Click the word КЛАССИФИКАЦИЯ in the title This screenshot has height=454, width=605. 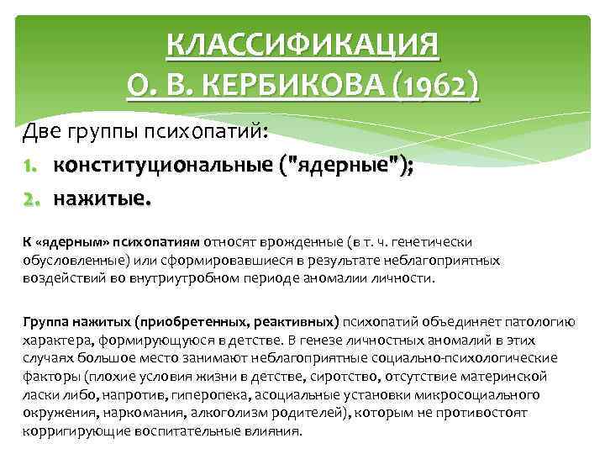302,45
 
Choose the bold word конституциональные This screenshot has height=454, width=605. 165,166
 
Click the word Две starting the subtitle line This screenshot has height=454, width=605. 41,133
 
